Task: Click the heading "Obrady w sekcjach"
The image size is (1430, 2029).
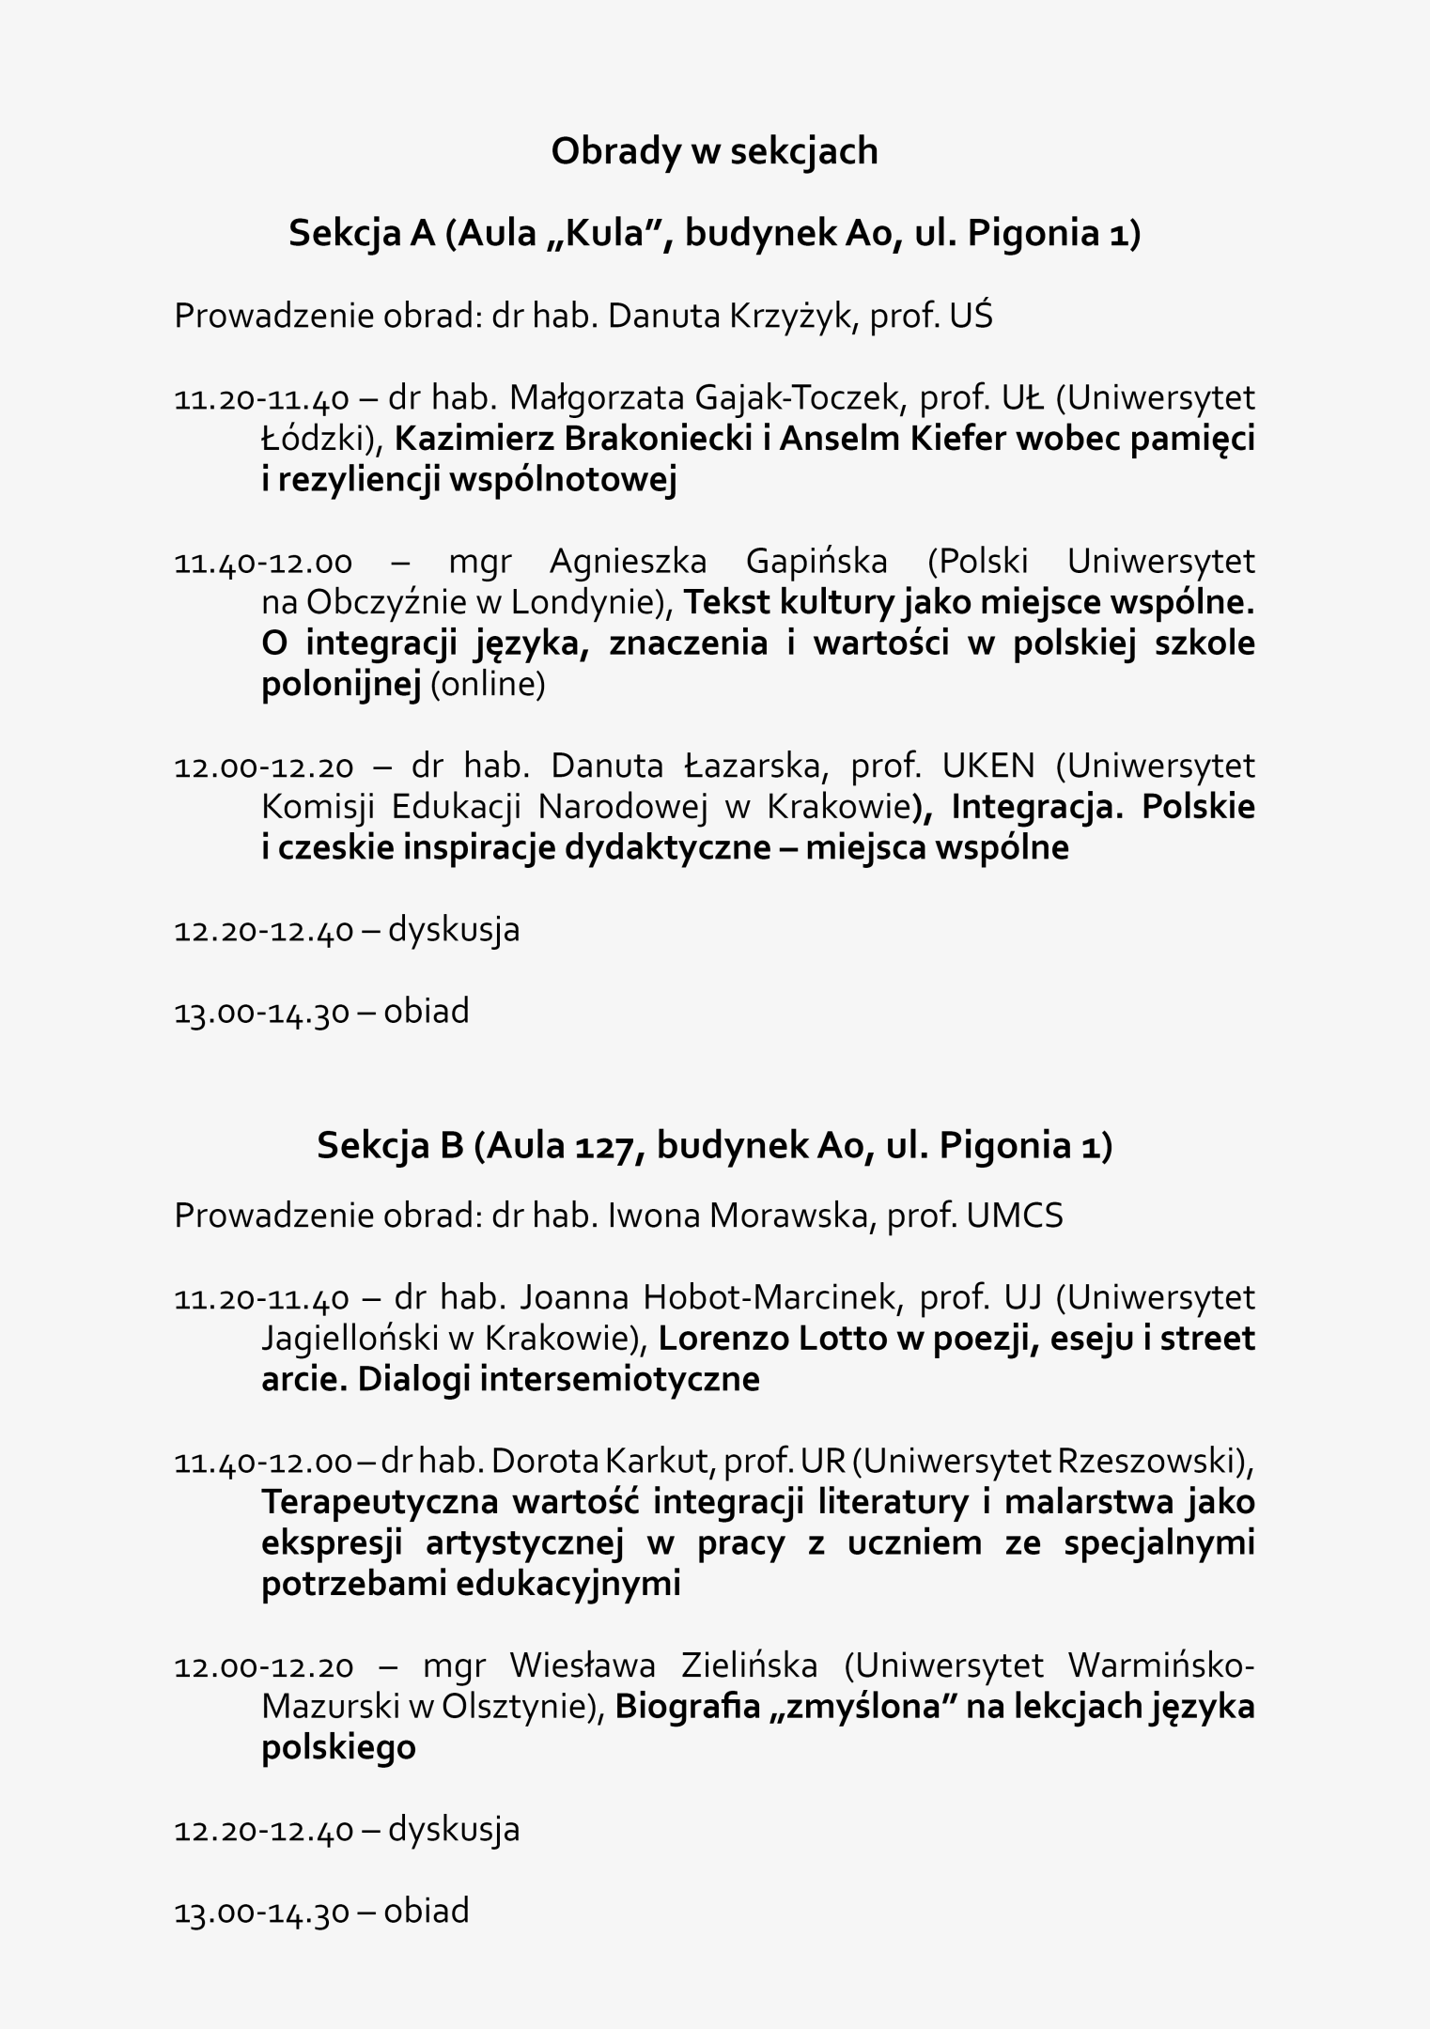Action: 714,151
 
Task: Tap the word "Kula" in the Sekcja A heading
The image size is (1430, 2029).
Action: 601,234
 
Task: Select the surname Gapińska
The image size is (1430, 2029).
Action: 816,562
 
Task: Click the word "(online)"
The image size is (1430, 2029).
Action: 488,685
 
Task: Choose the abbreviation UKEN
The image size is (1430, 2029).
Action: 987,767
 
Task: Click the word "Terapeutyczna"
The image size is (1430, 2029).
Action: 380,1502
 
